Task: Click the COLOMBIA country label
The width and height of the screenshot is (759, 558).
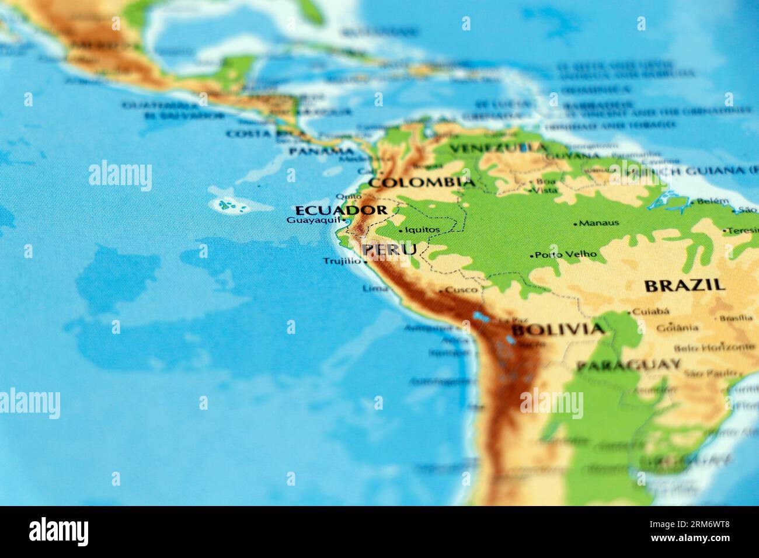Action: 423,183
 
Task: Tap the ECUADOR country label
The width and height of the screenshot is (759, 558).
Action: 341,210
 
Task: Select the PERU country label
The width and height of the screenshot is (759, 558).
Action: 389,250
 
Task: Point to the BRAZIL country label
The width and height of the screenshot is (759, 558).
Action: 684,285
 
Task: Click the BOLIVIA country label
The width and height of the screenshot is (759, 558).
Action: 557,329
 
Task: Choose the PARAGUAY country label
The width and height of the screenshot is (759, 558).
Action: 628,366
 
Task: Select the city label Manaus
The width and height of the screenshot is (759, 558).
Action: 599,223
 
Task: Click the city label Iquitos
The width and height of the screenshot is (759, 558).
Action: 422,230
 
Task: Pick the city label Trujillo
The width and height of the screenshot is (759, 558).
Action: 343,261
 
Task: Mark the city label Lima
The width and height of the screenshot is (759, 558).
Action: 375,288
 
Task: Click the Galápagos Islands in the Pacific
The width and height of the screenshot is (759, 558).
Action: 228,205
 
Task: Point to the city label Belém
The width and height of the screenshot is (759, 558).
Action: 713,201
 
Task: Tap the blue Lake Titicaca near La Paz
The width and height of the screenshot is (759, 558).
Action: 482,318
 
